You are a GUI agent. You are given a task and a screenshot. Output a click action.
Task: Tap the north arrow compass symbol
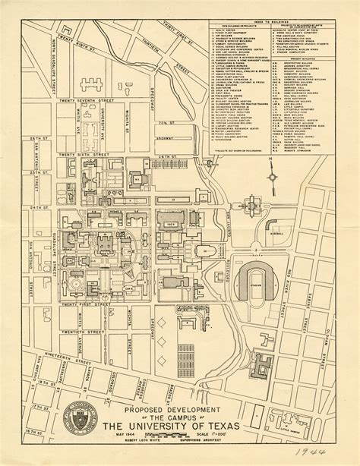tap(271, 178)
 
